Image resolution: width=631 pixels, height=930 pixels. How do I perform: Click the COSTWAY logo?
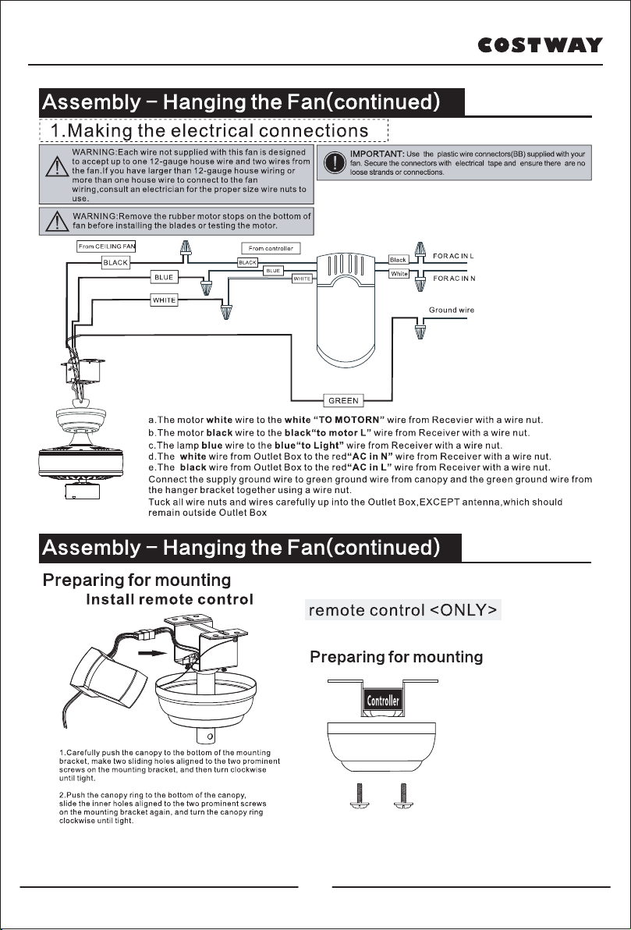click(x=541, y=45)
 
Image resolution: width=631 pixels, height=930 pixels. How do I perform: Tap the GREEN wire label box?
click(x=343, y=401)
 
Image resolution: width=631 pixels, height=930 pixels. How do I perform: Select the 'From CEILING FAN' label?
click(x=107, y=247)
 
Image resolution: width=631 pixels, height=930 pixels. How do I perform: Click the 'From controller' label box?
click(x=271, y=249)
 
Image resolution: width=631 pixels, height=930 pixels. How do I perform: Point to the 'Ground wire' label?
click(x=452, y=311)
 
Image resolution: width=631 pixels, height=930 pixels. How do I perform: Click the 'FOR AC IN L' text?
click(x=454, y=256)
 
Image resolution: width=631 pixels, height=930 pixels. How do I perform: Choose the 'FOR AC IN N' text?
click(x=454, y=279)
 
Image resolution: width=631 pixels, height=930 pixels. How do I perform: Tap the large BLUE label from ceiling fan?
click(x=164, y=277)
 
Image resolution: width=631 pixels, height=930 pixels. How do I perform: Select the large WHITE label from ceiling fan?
click(x=165, y=300)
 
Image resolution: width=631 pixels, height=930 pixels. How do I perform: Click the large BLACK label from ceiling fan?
click(x=115, y=263)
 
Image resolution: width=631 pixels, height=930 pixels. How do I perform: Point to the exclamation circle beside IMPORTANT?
click(x=335, y=162)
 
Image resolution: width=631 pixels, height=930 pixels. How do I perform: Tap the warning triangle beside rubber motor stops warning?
click(x=57, y=222)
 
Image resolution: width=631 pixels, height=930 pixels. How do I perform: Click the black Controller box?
click(x=383, y=701)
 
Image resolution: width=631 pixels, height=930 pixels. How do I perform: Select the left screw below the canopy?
click(x=360, y=796)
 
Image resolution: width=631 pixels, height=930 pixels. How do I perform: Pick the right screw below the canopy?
click(x=403, y=796)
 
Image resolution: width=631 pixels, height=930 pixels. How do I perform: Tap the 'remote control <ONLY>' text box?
click(x=402, y=610)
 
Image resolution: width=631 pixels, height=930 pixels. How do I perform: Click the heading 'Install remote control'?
click(x=169, y=600)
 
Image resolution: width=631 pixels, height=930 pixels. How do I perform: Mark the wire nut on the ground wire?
click(x=420, y=328)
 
